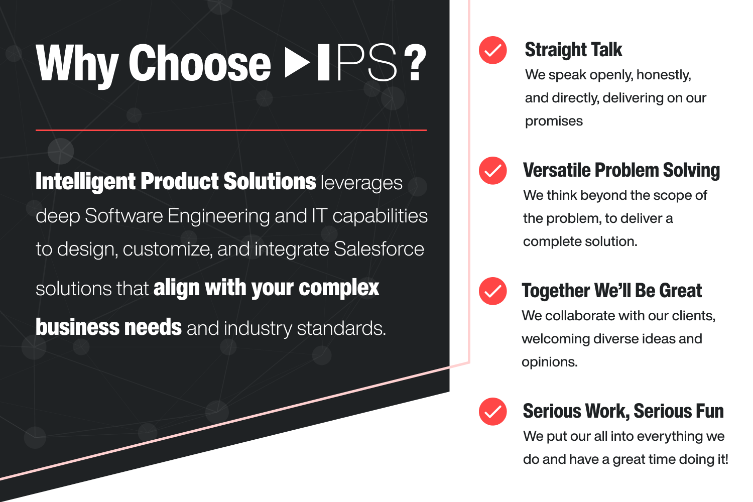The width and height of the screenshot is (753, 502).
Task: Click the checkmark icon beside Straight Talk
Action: pos(492,50)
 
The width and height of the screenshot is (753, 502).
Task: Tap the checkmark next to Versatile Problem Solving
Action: pos(492,171)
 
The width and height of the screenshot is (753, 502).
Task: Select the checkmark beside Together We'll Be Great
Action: pos(492,291)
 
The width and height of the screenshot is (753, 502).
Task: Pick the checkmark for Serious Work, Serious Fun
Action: pos(492,412)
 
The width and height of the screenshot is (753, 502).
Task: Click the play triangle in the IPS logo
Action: pos(297,63)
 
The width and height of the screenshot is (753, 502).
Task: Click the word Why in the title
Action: pos(77,64)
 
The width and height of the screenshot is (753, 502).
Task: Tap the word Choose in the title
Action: pos(200,63)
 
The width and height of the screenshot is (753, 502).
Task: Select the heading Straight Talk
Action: pos(573,50)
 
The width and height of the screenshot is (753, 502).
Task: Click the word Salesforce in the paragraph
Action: pos(379,249)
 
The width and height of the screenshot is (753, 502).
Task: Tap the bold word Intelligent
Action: pos(85,182)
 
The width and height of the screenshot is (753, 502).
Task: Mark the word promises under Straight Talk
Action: pos(554,121)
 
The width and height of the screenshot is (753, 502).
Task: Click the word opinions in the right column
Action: pos(549,362)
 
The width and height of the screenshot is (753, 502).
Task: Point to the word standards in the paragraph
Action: pos(341,328)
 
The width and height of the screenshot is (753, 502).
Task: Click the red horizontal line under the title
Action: pos(231,130)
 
